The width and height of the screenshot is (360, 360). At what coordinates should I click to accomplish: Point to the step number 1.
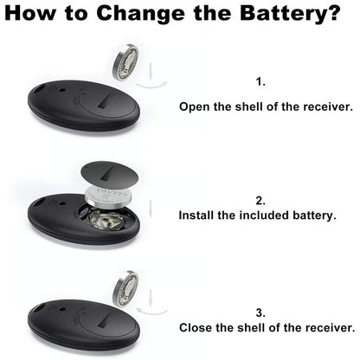[x=260, y=81]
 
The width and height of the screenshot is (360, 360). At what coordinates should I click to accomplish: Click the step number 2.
[x=260, y=200]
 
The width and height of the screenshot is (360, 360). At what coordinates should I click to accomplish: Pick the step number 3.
[x=260, y=312]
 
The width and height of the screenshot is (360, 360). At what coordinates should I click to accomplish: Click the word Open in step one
[x=195, y=107]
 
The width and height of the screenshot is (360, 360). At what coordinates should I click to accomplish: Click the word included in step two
[x=268, y=214]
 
